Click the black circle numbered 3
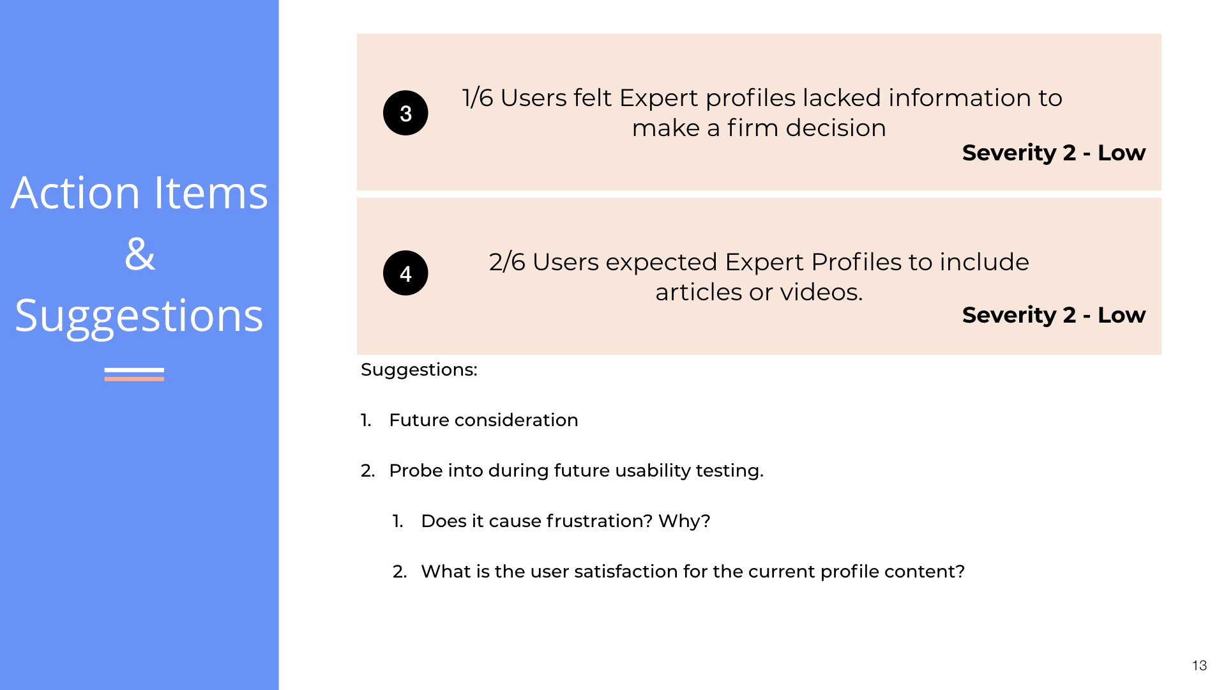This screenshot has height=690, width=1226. (x=405, y=113)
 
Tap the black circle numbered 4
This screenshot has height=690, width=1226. (x=405, y=273)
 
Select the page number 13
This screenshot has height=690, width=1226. (x=1199, y=666)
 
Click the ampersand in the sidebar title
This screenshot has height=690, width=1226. (x=140, y=254)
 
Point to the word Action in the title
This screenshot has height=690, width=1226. (x=75, y=193)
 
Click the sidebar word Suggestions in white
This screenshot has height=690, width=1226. (x=139, y=316)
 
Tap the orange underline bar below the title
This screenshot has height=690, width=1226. (x=134, y=379)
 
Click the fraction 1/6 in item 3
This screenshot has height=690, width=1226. (x=478, y=98)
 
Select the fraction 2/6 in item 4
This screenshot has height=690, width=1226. (x=507, y=263)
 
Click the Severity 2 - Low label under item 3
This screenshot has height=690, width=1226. (x=1054, y=153)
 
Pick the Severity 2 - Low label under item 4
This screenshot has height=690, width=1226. (x=1054, y=315)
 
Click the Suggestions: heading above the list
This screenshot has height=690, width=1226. (x=419, y=370)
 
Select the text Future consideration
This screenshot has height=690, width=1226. (x=483, y=420)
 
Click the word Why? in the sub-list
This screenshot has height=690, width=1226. (x=684, y=521)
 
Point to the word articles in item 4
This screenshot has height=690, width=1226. (x=699, y=293)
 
